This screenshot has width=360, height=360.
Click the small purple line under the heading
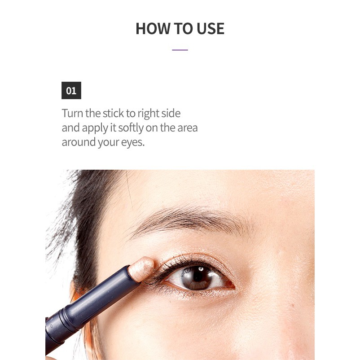pyautogui.click(x=180, y=50)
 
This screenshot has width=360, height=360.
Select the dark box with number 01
pyautogui.click(x=71, y=91)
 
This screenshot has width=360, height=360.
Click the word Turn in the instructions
pyautogui.click(x=72, y=113)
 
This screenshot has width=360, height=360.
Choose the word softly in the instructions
pyautogui.click(x=131, y=128)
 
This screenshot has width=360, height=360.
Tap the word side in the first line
pyautogui.click(x=171, y=113)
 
